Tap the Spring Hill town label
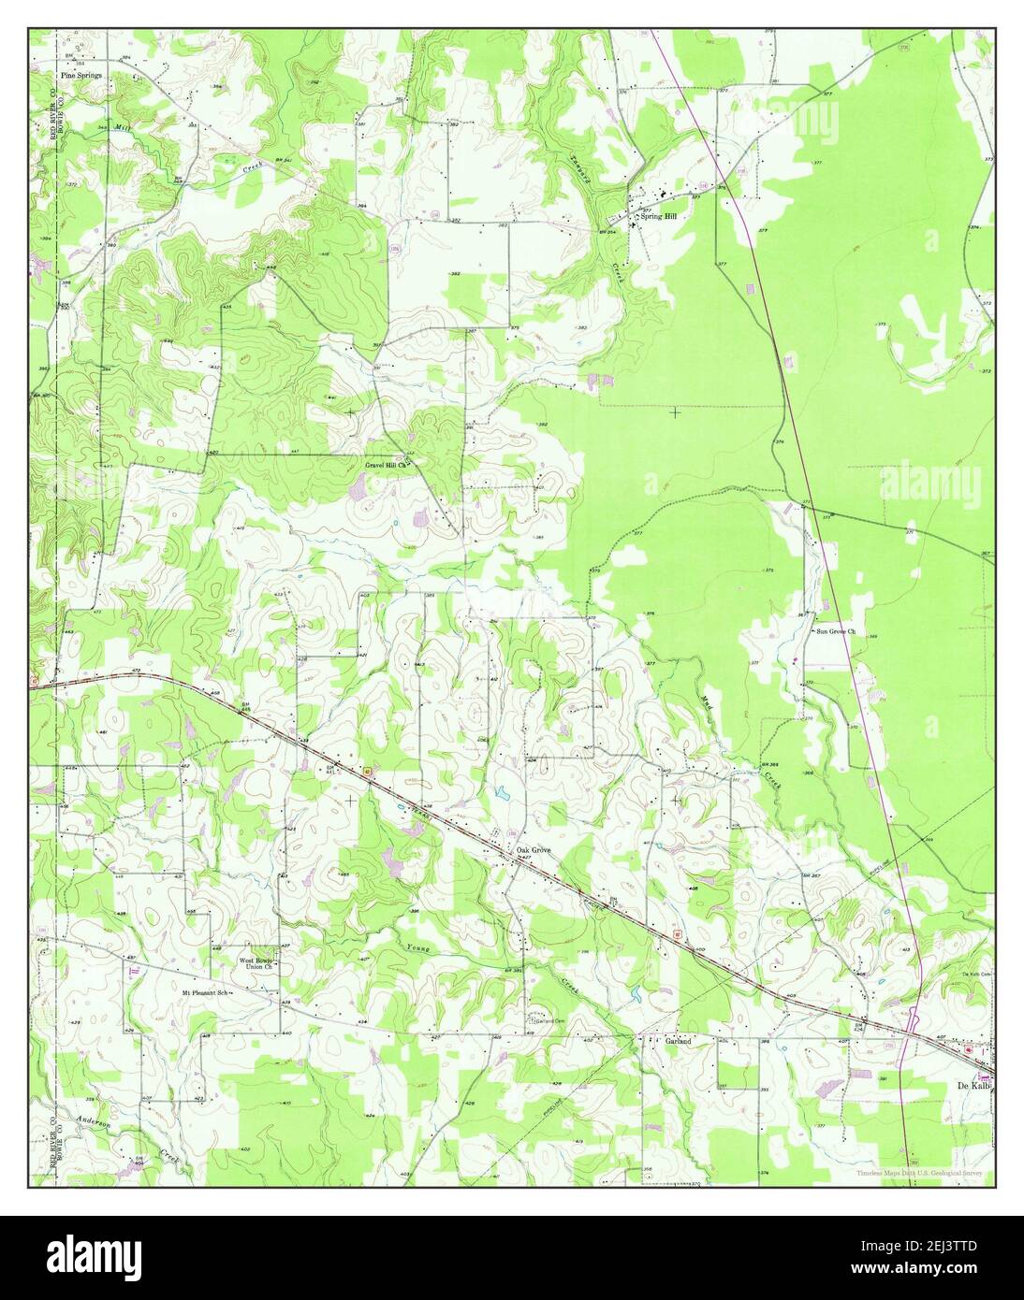pyautogui.click(x=657, y=215)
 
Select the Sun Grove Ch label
pyautogui.click(x=835, y=632)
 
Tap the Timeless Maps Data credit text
pyautogui.click(x=921, y=1173)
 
